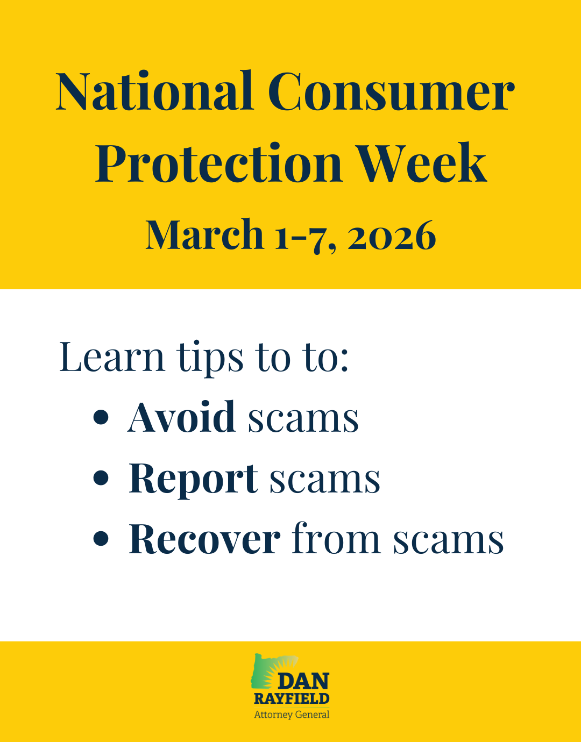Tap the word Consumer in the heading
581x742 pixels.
click(x=391, y=91)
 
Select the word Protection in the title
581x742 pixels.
click(x=218, y=163)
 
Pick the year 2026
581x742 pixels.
click(x=392, y=236)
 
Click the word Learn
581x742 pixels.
click(x=112, y=357)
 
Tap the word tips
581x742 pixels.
click(x=211, y=359)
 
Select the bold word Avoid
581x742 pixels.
click(x=182, y=417)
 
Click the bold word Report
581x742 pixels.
click(x=193, y=479)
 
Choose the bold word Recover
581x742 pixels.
click(x=204, y=539)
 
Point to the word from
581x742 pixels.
click(x=336, y=538)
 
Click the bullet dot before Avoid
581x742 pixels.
click(x=101, y=417)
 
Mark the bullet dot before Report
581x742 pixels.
click(x=101, y=477)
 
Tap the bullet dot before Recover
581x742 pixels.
click(x=101, y=539)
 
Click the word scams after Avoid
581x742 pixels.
click(x=303, y=419)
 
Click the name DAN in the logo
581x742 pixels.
click(x=303, y=682)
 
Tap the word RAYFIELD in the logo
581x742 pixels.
click(x=292, y=698)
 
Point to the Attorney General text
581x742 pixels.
click(x=292, y=715)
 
